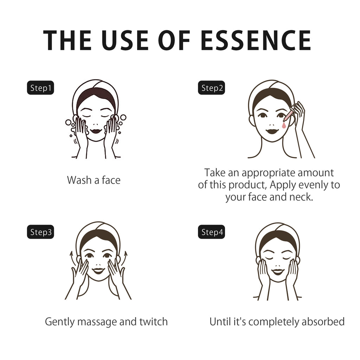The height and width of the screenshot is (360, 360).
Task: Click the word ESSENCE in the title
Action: point(256,40)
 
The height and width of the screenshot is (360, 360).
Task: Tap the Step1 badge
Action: point(40,88)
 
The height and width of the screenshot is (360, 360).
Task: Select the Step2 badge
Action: point(211,88)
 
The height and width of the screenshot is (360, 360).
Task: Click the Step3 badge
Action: point(40,232)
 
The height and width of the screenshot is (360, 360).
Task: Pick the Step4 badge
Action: point(211,232)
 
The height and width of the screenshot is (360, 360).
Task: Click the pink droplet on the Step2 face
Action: point(284,125)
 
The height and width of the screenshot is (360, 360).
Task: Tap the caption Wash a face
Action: point(94,180)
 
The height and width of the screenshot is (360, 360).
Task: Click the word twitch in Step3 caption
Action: point(154,322)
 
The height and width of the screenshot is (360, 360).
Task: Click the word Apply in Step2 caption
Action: point(283,185)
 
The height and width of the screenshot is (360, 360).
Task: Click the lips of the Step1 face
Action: point(96,131)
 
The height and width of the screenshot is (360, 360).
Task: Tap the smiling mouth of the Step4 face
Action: point(278,272)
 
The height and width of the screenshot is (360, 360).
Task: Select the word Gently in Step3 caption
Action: point(60,322)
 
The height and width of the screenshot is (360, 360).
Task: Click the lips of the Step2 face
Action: point(272,132)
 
